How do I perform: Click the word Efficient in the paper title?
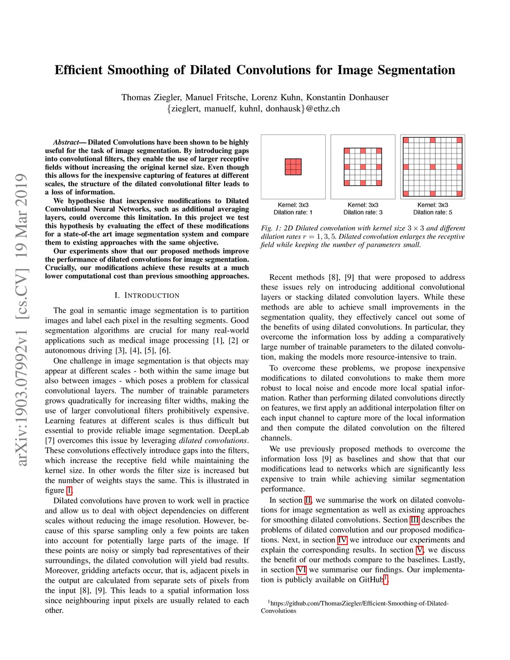(79, 70)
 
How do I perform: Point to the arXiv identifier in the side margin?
(21, 319)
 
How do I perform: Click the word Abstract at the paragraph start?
(66, 142)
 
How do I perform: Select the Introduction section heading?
(147, 295)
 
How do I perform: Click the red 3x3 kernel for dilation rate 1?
(293, 167)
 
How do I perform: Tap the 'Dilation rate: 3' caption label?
(363, 212)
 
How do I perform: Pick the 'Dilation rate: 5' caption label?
(432, 212)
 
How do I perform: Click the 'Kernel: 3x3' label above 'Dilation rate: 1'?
(293, 205)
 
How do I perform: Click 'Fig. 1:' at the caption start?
(271, 228)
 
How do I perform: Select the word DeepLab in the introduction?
(234, 430)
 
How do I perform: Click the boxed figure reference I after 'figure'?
(69, 491)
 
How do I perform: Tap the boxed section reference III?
(414, 520)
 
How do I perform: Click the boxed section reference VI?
(301, 570)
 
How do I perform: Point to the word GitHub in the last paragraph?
(371, 580)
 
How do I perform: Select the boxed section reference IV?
(342, 540)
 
